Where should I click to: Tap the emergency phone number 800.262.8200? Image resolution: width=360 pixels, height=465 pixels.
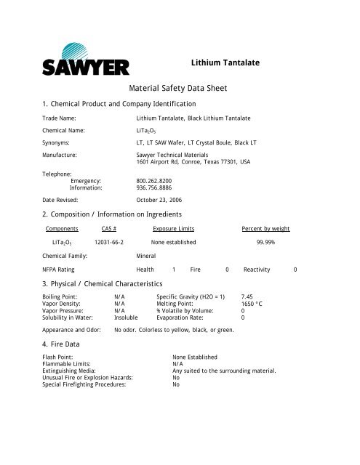[x=155, y=179]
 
